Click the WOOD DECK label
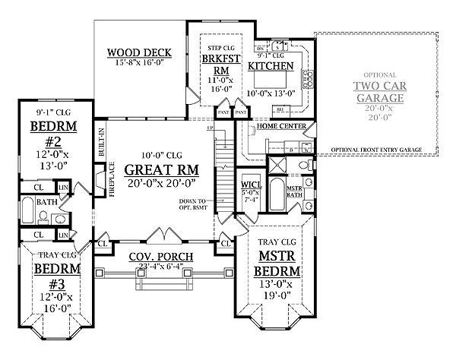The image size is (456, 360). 138,52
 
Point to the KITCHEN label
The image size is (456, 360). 271,67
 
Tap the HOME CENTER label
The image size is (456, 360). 282,126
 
